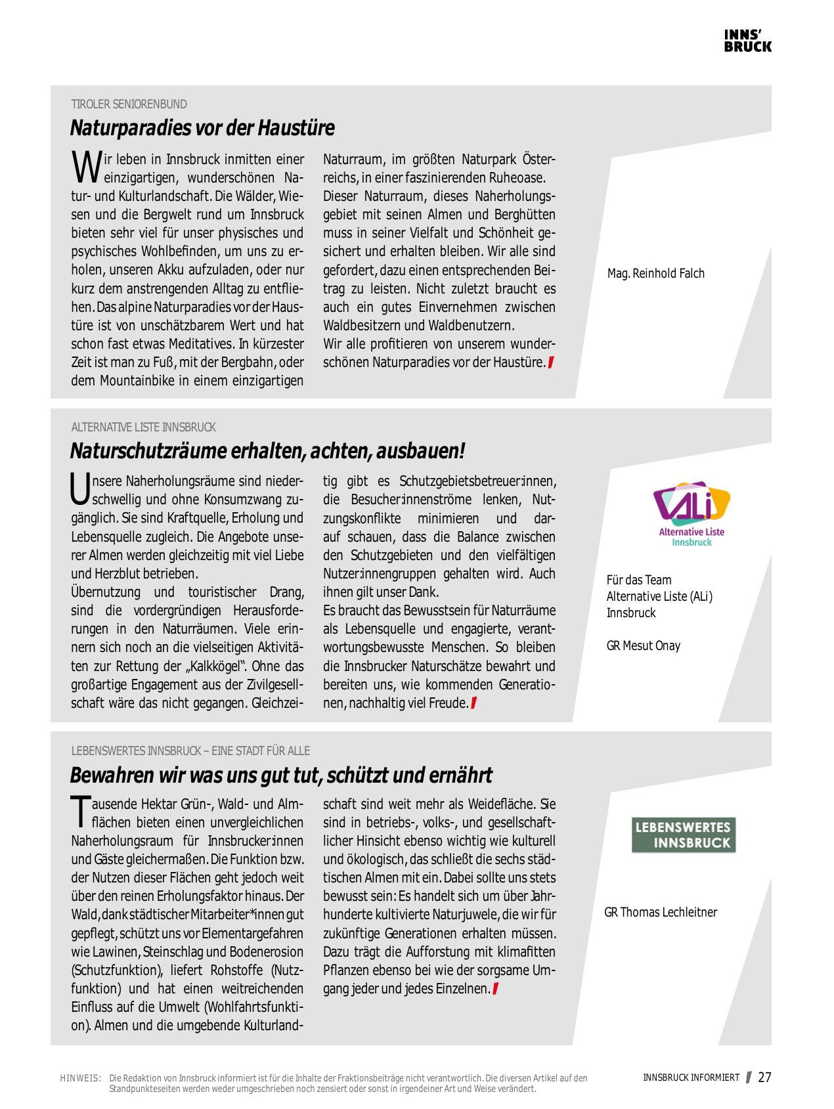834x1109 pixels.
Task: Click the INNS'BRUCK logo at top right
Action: click(747, 41)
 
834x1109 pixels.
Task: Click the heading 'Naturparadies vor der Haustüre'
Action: click(202, 127)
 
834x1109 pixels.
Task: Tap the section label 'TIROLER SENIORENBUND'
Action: click(129, 104)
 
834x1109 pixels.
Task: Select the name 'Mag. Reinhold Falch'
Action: click(655, 274)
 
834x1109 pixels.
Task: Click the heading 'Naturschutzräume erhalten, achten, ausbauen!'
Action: click(267, 451)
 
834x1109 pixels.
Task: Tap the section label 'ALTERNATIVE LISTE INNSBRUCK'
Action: click(143, 427)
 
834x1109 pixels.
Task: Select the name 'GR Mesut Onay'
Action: click(643, 645)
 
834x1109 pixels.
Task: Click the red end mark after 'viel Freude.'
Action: click(473, 703)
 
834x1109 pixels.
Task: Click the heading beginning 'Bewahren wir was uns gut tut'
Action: click(281, 775)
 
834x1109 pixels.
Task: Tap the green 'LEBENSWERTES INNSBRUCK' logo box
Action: click(684, 835)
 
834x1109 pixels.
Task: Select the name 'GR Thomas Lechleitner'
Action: click(660, 912)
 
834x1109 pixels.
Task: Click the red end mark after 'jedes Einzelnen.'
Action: click(495, 989)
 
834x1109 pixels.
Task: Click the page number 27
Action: click(764, 1077)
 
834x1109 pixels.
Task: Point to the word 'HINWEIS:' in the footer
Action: click(80, 1078)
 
